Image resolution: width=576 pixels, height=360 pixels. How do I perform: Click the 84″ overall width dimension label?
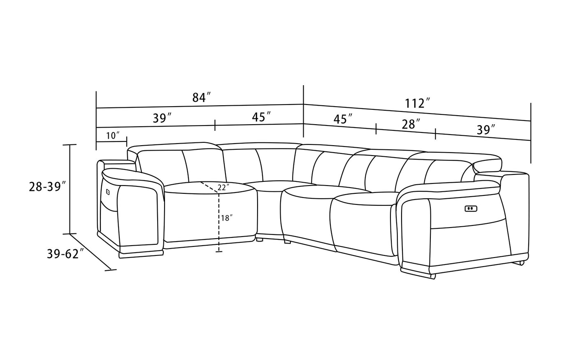202,98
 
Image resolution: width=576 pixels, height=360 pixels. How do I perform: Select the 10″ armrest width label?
113,135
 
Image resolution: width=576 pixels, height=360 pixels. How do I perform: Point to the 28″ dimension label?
411,124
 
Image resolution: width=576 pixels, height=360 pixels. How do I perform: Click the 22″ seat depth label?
223,188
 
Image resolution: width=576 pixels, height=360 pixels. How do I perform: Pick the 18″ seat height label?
227,218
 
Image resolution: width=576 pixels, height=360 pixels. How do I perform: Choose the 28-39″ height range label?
48,187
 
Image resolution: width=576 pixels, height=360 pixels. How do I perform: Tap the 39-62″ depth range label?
65,254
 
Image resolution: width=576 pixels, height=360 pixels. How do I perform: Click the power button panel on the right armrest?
471,209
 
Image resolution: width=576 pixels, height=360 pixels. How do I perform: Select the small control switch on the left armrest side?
108,192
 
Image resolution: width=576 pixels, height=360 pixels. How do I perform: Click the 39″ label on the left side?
163,118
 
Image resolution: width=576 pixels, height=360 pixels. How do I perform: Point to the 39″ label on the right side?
486,130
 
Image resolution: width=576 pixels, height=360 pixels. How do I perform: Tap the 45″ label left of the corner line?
262,117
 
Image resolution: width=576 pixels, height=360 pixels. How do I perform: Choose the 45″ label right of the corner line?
343,119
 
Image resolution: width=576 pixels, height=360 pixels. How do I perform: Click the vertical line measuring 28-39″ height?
70,189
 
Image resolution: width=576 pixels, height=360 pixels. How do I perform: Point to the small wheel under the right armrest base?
522,263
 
